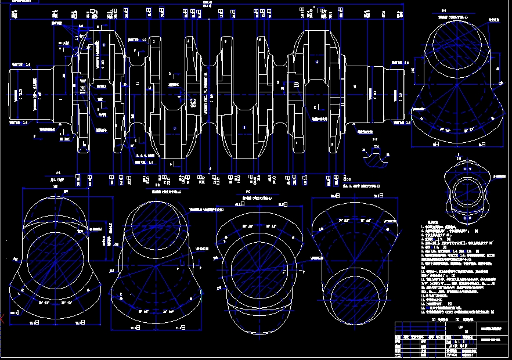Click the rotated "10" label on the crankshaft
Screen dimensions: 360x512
point(297,85)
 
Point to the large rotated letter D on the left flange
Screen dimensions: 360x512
point(82,82)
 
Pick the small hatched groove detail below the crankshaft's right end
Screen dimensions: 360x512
point(369,154)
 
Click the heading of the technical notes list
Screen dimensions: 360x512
point(432,222)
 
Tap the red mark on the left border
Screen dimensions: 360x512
point(2,318)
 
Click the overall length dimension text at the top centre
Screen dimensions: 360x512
point(208,3)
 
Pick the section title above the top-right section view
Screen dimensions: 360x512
point(444,11)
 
